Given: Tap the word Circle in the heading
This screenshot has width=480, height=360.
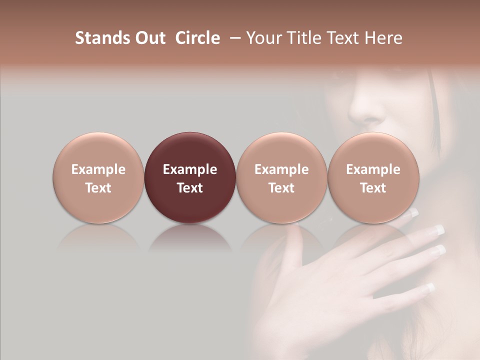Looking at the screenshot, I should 197,38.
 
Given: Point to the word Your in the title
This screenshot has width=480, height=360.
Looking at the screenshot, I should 262,38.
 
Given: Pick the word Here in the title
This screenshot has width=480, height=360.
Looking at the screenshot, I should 383,38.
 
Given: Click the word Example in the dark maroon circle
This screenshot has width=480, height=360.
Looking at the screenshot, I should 190,169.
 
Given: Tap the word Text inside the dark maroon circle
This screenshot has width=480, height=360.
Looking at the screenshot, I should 190,188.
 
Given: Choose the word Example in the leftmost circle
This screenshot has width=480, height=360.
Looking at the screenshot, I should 98,169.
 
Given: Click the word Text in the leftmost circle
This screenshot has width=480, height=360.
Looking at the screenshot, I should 98,188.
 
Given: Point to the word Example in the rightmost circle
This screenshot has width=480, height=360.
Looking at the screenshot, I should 373,169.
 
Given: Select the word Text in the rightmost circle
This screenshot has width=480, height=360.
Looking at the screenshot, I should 373,188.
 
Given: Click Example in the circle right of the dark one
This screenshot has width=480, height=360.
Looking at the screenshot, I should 281,169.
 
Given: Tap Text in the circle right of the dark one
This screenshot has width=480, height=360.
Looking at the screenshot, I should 281,188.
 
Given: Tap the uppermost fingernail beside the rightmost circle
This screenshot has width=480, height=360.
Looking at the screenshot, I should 413,213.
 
